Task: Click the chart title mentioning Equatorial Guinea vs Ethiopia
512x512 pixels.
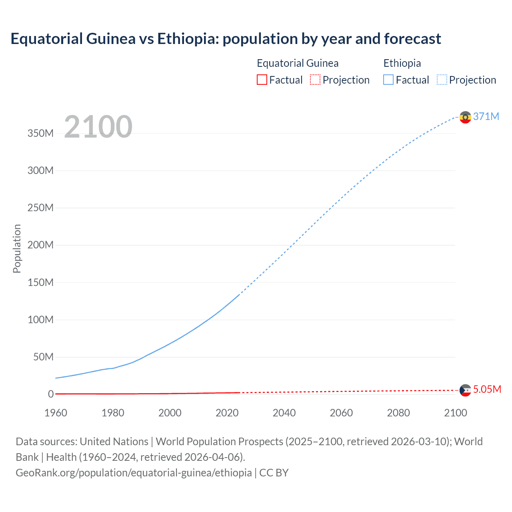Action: click(226, 39)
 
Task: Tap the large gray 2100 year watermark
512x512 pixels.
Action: click(98, 127)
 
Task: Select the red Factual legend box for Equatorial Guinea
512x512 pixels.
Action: click(262, 80)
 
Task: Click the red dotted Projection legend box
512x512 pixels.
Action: click(315, 80)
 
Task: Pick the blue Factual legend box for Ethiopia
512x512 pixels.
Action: click(388, 80)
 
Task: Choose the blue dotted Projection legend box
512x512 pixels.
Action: click(442, 80)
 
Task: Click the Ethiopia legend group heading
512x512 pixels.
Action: click(402, 63)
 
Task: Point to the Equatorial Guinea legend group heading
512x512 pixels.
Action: click(298, 63)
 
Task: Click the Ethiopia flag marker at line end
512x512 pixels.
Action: click(465, 117)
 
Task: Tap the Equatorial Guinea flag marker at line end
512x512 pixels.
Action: click(465, 390)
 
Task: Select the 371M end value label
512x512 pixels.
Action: click(486, 116)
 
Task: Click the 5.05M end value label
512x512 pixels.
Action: click(487, 389)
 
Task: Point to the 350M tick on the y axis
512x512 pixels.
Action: click(40, 133)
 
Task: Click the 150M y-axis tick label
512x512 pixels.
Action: click(40, 282)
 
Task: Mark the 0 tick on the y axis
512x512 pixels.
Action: click(50, 394)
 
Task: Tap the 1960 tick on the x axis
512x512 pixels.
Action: click(56, 413)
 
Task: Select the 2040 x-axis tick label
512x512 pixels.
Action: click(284, 413)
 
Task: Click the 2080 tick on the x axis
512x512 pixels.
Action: click(398, 413)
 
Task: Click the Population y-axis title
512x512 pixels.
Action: click(17, 248)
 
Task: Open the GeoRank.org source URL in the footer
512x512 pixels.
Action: click(134, 473)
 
